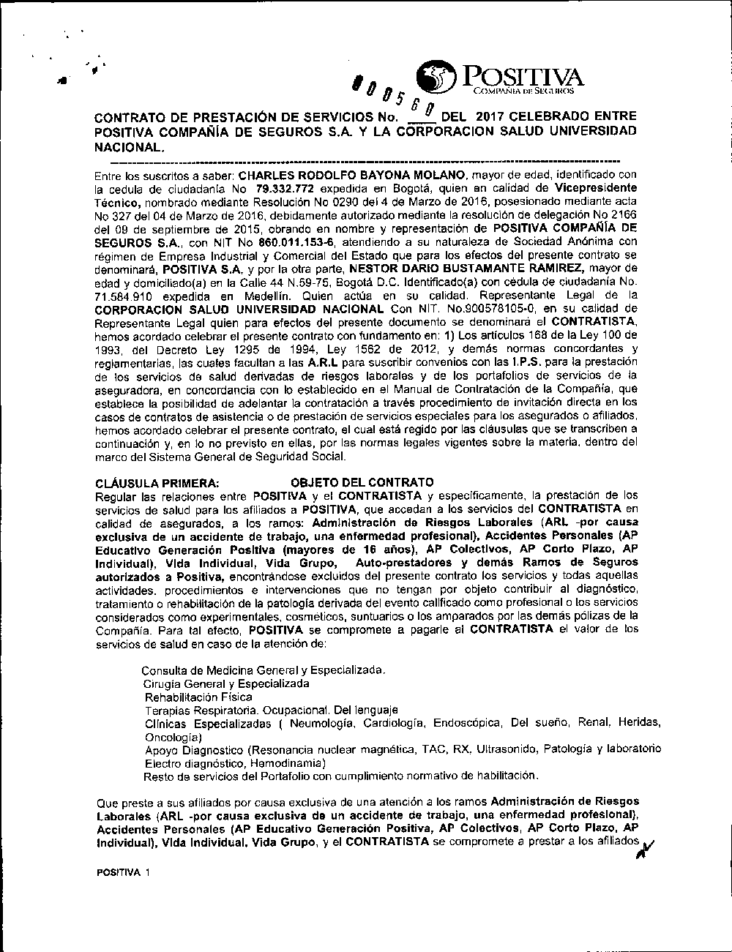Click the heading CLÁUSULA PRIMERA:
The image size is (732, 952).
click(157, 483)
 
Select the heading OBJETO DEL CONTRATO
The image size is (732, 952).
click(362, 483)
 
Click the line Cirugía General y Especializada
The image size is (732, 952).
click(226, 683)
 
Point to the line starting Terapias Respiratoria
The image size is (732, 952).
click(271, 710)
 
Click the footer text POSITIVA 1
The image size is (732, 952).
click(122, 874)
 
